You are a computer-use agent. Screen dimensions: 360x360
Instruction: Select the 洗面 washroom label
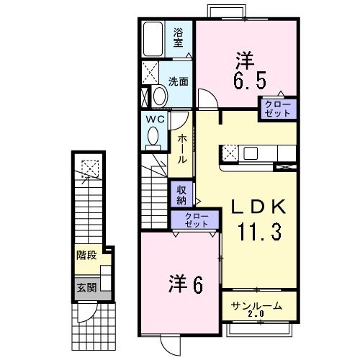click(x=179, y=81)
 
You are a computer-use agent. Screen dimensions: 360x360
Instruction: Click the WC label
click(x=156, y=118)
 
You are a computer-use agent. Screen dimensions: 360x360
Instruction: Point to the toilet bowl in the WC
click(x=153, y=135)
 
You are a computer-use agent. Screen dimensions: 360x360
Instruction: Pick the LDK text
click(x=257, y=207)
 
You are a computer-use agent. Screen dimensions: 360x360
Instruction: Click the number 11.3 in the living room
click(x=258, y=233)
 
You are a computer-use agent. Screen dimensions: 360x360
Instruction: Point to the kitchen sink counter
click(x=259, y=153)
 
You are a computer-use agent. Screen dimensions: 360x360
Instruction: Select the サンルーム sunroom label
click(x=256, y=306)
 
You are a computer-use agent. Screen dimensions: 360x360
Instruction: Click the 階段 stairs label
click(x=86, y=255)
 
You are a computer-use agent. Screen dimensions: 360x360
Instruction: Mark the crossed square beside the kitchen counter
click(x=231, y=153)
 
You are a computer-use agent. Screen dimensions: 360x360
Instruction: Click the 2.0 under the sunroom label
click(x=257, y=315)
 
